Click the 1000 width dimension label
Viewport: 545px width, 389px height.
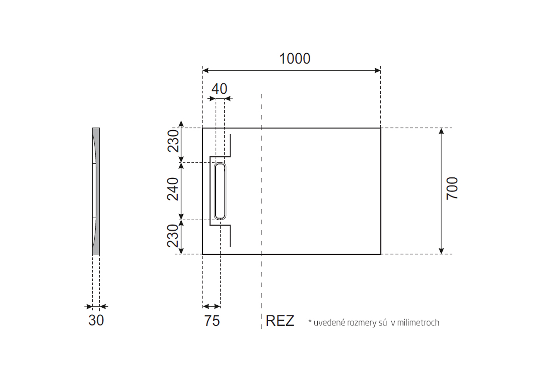pyautogui.click(x=295, y=59)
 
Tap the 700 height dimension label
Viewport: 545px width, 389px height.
pyautogui.click(x=452, y=189)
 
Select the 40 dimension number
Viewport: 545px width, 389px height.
pyautogui.click(x=219, y=89)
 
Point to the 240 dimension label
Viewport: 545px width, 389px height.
pyautogui.click(x=173, y=189)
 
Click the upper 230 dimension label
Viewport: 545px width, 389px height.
pyautogui.click(x=173, y=141)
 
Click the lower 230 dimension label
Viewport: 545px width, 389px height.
pyautogui.click(x=173, y=236)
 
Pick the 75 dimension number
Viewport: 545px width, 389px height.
pyautogui.click(x=212, y=321)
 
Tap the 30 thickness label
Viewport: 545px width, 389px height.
pyautogui.click(x=96, y=320)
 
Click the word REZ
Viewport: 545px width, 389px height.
pyautogui.click(x=280, y=321)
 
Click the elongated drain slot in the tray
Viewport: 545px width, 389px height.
pyautogui.click(x=220, y=191)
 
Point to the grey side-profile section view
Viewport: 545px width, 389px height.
pyautogui.click(x=96, y=191)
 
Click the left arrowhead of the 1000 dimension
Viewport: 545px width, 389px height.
pyautogui.click(x=206, y=70)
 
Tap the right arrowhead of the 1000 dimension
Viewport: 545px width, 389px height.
pyautogui.click(x=378, y=70)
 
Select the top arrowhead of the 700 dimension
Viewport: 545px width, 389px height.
pyautogui.click(x=441, y=131)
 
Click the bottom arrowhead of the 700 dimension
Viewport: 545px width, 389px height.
pyautogui.click(x=441, y=251)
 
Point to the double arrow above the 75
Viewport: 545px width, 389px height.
pyautogui.click(x=211, y=306)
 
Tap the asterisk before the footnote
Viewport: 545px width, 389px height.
pyautogui.click(x=310, y=321)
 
